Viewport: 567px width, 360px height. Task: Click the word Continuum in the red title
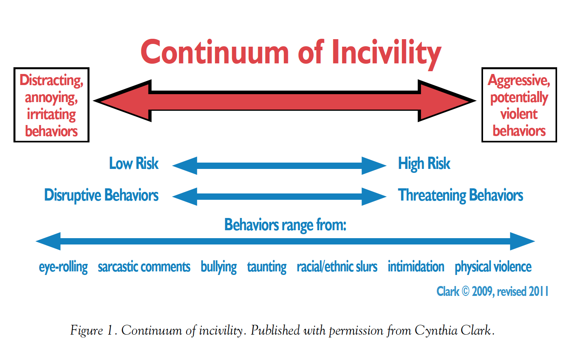point(215,52)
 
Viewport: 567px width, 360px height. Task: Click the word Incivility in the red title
point(386,54)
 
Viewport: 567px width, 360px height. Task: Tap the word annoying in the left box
point(51,98)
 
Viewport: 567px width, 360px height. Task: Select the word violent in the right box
point(519,114)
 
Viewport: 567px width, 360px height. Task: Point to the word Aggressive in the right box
point(519,81)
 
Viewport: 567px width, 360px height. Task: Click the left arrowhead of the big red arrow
point(123,101)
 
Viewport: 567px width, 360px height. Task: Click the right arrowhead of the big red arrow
point(447,101)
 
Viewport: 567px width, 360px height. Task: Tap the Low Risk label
point(134,163)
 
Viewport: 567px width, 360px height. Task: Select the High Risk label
point(424,164)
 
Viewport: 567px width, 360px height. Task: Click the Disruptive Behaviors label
point(101,195)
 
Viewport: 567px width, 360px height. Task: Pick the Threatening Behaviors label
point(460,195)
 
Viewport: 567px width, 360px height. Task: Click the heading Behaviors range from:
point(285,225)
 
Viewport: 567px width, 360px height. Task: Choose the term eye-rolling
point(63,267)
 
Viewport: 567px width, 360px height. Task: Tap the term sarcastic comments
point(144,267)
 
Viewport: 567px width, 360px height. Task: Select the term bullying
point(219,267)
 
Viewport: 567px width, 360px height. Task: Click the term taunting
point(267,267)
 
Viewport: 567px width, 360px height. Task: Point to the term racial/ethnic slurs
point(337,267)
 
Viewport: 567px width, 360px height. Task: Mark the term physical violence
point(493,267)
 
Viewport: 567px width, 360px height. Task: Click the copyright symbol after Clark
point(466,291)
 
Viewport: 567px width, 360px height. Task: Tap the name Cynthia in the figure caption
point(436,331)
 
